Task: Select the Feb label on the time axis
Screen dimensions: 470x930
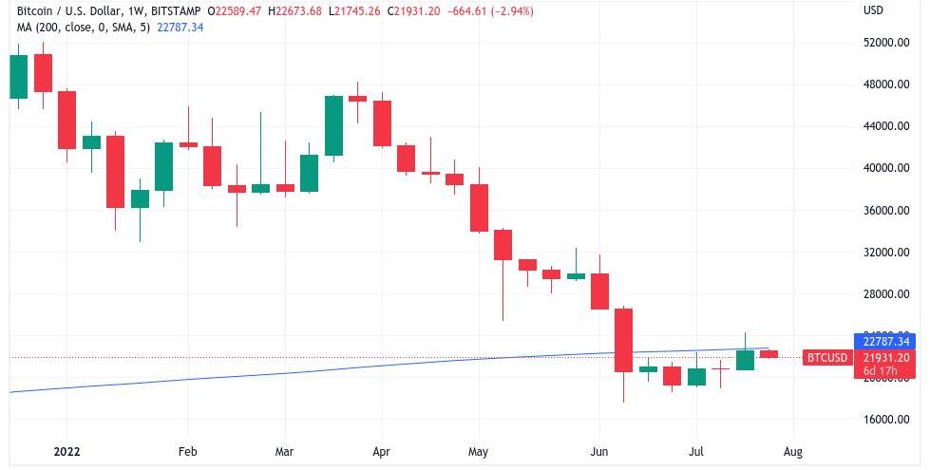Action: (187, 452)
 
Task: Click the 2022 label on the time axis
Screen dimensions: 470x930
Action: (66, 452)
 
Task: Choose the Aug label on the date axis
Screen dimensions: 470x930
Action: (793, 452)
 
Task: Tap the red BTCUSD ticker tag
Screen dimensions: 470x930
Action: (826, 358)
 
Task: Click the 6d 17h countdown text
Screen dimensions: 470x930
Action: (883, 370)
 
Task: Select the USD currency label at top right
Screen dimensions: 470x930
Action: (873, 11)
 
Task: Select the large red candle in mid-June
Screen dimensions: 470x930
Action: (623, 339)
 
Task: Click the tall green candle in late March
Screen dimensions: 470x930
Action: (333, 125)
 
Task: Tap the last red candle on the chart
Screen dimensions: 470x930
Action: (769, 354)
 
